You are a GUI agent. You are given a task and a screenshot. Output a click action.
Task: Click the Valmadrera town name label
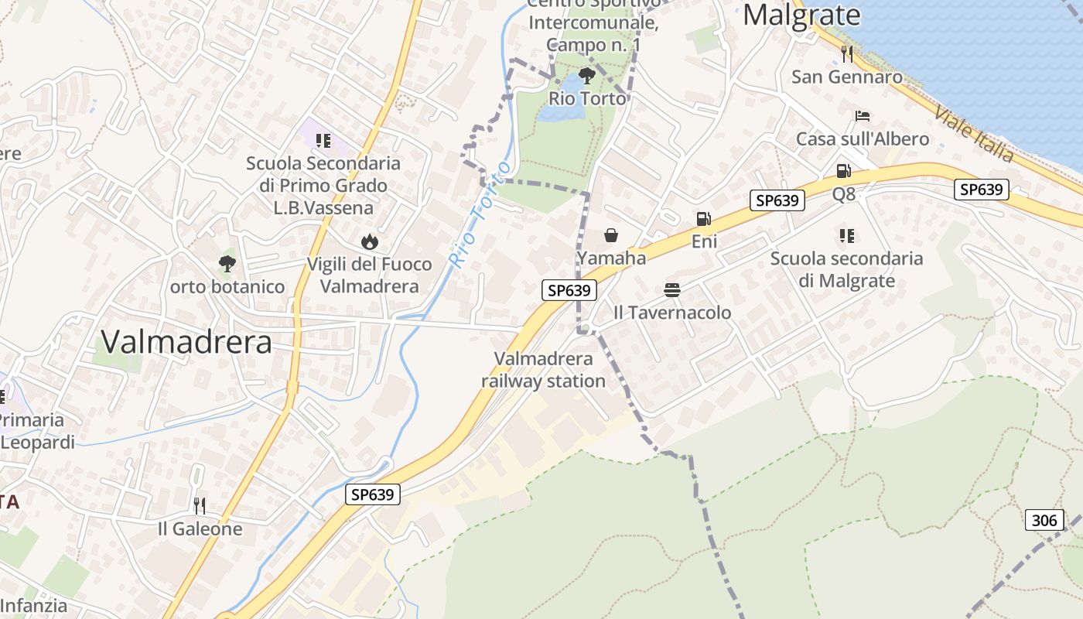pos(186,341)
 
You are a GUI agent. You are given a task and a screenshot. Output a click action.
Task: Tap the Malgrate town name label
pos(801,15)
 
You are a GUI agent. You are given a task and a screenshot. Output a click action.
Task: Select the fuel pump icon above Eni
pos(703,220)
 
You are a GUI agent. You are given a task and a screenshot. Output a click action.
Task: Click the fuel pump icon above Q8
pos(843,171)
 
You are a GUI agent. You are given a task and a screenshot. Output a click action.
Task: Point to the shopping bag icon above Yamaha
pos(611,235)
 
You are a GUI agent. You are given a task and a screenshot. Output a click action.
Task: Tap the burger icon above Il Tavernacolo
pos(672,290)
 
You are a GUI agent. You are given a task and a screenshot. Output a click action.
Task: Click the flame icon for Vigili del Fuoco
pos(370,241)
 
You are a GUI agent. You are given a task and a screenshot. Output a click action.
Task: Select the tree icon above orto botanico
pos(227,264)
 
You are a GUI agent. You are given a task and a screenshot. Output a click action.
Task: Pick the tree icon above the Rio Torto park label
pos(586,76)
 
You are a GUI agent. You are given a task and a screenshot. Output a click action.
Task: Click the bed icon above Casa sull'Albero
pos(863,116)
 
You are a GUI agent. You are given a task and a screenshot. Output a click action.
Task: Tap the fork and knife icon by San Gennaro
pos(847,53)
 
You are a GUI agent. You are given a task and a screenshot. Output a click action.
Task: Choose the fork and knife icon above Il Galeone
pos(200,506)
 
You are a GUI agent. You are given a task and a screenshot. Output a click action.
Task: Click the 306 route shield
pos(1044,520)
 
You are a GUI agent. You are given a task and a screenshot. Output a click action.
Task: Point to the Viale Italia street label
pos(973,133)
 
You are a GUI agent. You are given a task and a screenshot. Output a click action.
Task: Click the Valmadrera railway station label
pos(543,370)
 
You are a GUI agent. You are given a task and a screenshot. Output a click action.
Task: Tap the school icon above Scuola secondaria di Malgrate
pos(846,235)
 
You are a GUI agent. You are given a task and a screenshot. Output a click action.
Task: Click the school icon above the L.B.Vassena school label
pos(323,140)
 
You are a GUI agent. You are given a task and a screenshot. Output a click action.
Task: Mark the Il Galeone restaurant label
pos(200,529)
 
